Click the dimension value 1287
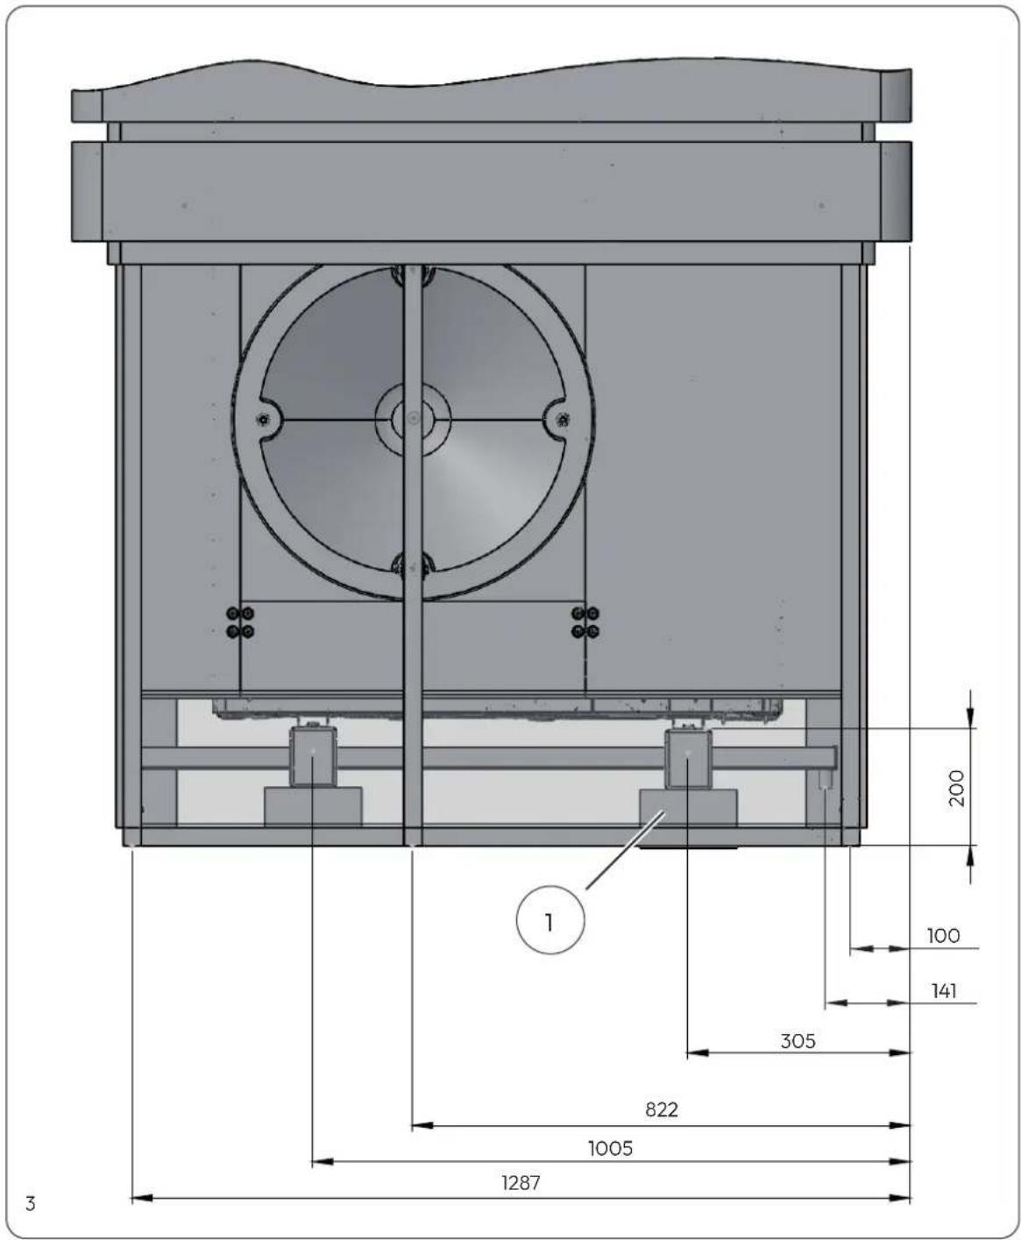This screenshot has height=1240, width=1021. click(521, 1182)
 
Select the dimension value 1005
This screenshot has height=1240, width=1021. click(611, 1148)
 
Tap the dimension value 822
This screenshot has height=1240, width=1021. click(662, 1109)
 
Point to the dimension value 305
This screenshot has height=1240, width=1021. click(798, 1041)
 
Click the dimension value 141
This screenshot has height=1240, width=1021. click(944, 991)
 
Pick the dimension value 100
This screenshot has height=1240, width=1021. click(943, 935)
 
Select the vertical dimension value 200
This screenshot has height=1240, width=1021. click(958, 788)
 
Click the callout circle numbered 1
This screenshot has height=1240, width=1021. click(550, 922)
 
